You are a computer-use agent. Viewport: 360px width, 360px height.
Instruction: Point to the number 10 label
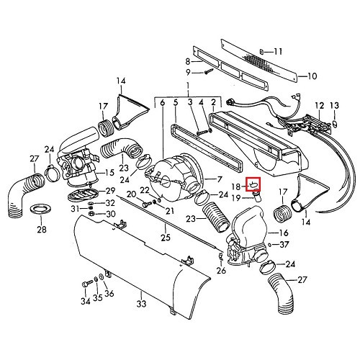(x=312, y=76)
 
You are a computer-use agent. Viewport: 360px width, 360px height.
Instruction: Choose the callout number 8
(x=168, y=62)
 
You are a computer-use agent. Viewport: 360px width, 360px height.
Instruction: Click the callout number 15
(x=110, y=173)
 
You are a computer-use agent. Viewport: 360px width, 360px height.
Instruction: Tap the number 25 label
(x=166, y=238)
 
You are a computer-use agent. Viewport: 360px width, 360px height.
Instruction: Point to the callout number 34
(x=85, y=301)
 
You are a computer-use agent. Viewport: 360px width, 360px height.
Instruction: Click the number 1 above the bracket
(x=188, y=86)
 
